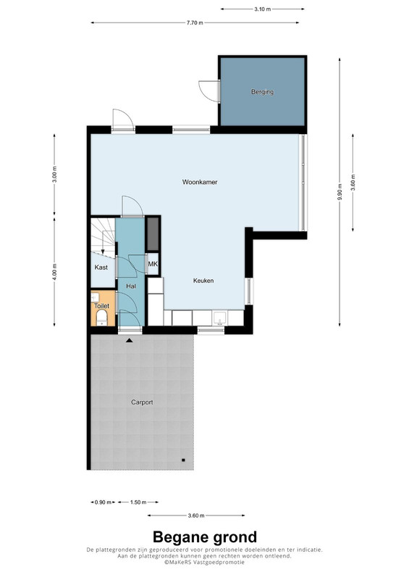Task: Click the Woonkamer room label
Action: pyautogui.click(x=200, y=182)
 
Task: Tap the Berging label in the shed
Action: pyautogui.click(x=262, y=92)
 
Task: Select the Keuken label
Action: pyautogui.click(x=203, y=281)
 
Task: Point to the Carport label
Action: pyautogui.click(x=142, y=402)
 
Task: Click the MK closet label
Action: pyautogui.click(x=153, y=264)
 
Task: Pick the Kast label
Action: pyautogui.click(x=101, y=267)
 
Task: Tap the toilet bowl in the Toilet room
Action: pyautogui.click(x=101, y=318)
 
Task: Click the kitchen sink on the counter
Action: pyautogui.click(x=221, y=318)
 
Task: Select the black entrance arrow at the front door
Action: pyautogui.click(x=129, y=340)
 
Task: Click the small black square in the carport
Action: pyautogui.click(x=183, y=460)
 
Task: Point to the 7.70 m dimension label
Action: pyautogui.click(x=195, y=22)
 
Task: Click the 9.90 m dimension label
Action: pyautogui.click(x=340, y=191)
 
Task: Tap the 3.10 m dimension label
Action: pyautogui.click(x=262, y=9)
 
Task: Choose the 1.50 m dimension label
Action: pyautogui.click(x=138, y=502)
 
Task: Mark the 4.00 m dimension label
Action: pyautogui.click(x=54, y=271)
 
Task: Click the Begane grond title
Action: pyautogui.click(x=205, y=536)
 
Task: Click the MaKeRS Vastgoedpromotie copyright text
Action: pyautogui.click(x=204, y=562)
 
